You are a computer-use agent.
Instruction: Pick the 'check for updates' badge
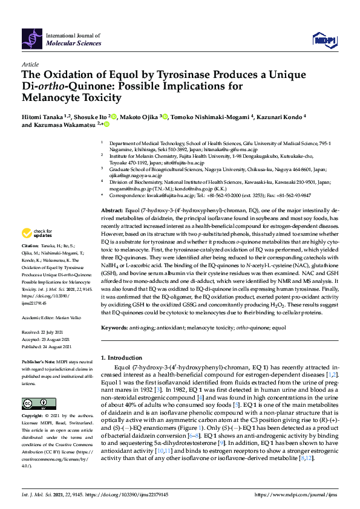36,233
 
